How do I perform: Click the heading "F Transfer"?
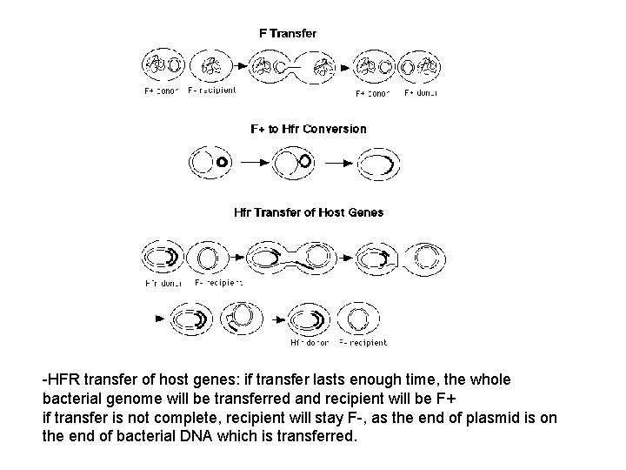[288, 33]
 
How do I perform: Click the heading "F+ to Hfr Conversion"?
[309, 129]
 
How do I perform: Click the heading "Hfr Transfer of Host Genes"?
[309, 211]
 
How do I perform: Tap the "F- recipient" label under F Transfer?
[211, 91]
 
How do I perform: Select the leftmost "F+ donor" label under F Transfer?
[162, 91]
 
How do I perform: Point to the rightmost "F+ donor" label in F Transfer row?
[421, 92]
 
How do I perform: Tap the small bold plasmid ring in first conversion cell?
[222, 162]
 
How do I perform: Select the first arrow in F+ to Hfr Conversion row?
[253, 162]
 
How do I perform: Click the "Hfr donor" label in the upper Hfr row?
[163, 282]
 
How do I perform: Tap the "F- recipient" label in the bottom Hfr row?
[363, 342]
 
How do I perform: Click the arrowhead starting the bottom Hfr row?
[160, 319]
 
